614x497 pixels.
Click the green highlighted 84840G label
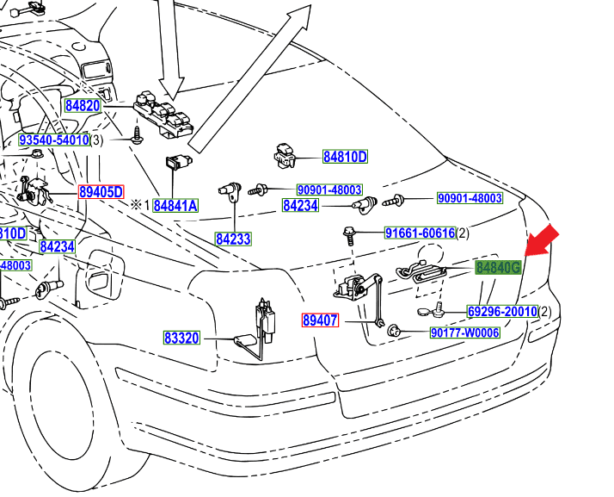click(499, 268)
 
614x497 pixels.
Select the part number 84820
click(83, 107)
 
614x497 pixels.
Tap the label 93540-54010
click(54, 140)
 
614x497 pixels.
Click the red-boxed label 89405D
click(101, 192)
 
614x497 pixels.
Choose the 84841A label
click(176, 206)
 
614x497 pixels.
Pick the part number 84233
click(233, 239)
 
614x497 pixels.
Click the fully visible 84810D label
click(345, 157)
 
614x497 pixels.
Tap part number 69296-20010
click(502, 311)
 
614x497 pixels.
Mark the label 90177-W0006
click(464, 332)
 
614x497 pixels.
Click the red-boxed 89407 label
click(320, 320)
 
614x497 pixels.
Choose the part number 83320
click(182, 338)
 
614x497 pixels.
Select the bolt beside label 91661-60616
click(350, 233)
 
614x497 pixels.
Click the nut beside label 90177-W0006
click(394, 332)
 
